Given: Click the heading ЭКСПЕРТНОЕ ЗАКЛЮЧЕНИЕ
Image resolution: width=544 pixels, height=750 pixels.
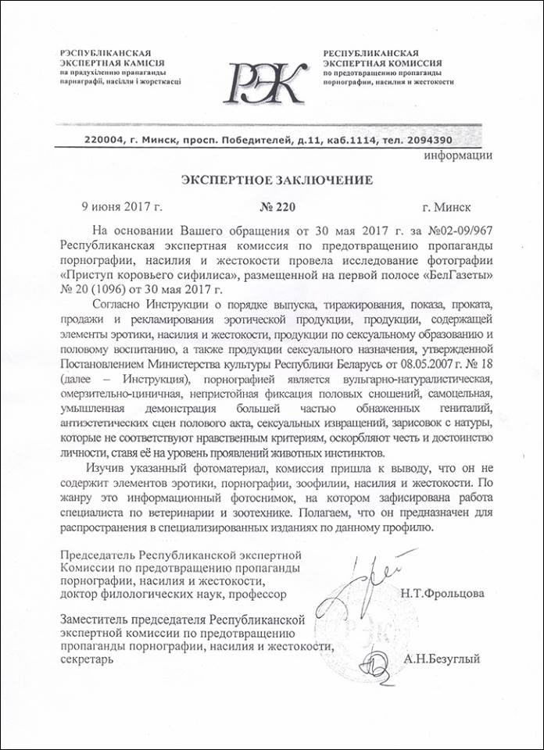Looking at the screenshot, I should pyautogui.click(x=277, y=180).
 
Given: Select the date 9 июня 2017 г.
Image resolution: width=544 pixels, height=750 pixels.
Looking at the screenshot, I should pyautogui.click(x=122, y=207).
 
